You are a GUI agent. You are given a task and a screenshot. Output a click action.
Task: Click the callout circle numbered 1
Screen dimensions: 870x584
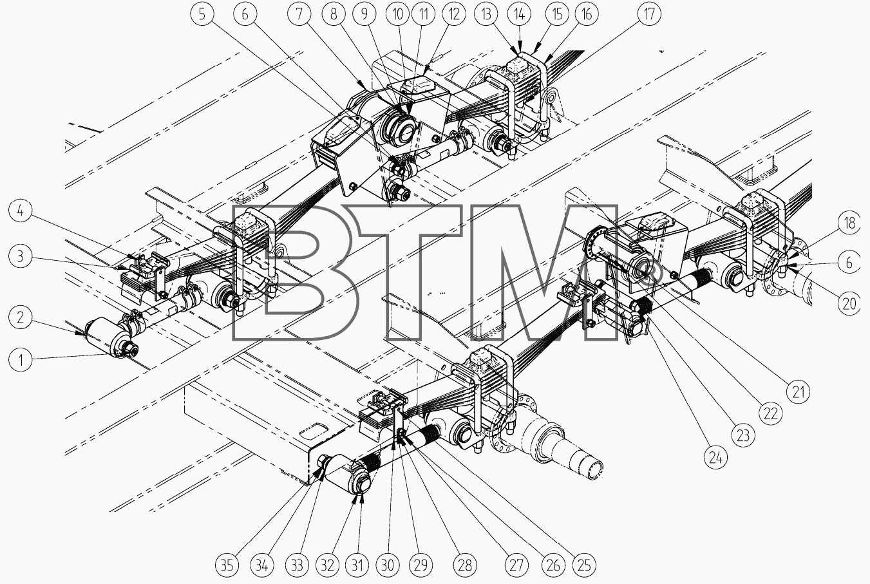[21, 360]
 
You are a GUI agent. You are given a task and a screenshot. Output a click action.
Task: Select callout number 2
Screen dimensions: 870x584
[21, 317]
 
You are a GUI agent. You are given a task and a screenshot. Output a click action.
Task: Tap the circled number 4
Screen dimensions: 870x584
[21, 211]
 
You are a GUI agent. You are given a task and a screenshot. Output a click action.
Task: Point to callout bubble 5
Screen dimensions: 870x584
[202, 14]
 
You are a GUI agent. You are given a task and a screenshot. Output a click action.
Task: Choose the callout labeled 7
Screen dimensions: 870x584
[299, 14]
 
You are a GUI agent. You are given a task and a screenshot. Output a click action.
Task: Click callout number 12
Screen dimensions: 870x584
[453, 14]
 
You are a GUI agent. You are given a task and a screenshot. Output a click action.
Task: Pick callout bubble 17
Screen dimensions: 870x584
[649, 14]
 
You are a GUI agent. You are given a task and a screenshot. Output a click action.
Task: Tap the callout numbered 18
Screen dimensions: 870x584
[849, 223]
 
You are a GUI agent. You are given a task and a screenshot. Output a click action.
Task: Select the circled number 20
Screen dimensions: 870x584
[849, 303]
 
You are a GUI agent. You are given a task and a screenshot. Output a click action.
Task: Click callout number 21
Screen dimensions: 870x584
[798, 391]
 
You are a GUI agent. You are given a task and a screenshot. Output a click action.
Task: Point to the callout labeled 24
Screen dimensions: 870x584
[715, 458]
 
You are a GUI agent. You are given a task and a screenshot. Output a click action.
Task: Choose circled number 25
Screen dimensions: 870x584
[583, 565]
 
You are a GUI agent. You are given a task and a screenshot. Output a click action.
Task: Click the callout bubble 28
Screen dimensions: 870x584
[465, 565]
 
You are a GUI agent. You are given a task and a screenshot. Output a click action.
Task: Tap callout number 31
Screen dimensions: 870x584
[357, 565]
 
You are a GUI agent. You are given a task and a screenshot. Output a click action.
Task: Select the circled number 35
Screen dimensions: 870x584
[227, 565]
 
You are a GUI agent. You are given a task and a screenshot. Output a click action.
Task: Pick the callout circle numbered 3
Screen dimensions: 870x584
[21, 257]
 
